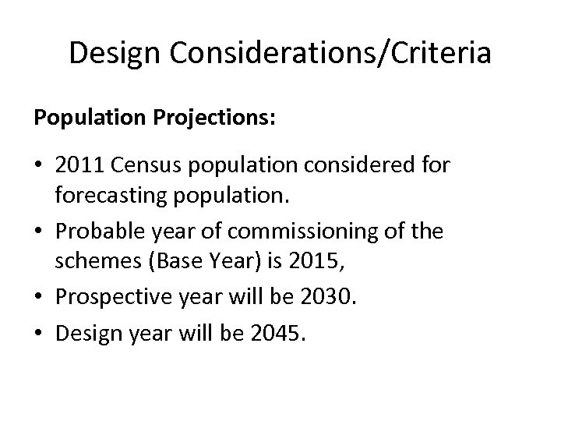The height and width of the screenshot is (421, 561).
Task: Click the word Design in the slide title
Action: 114,54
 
